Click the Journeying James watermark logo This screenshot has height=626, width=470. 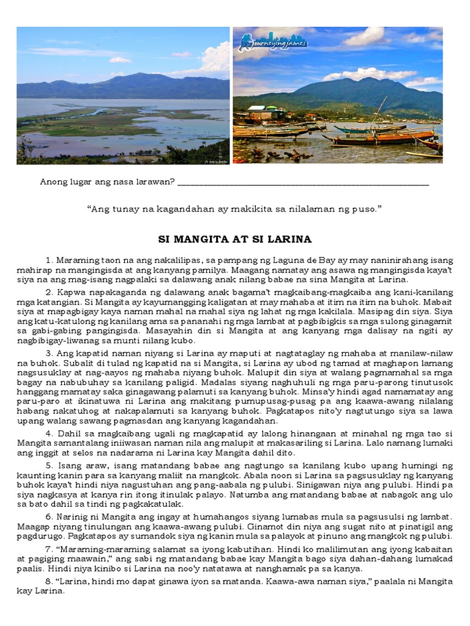click(x=274, y=42)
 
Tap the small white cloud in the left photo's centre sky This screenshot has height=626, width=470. click(x=119, y=60)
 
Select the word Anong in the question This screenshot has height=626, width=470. click(x=53, y=182)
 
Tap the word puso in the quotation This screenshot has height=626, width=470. click(x=367, y=209)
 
